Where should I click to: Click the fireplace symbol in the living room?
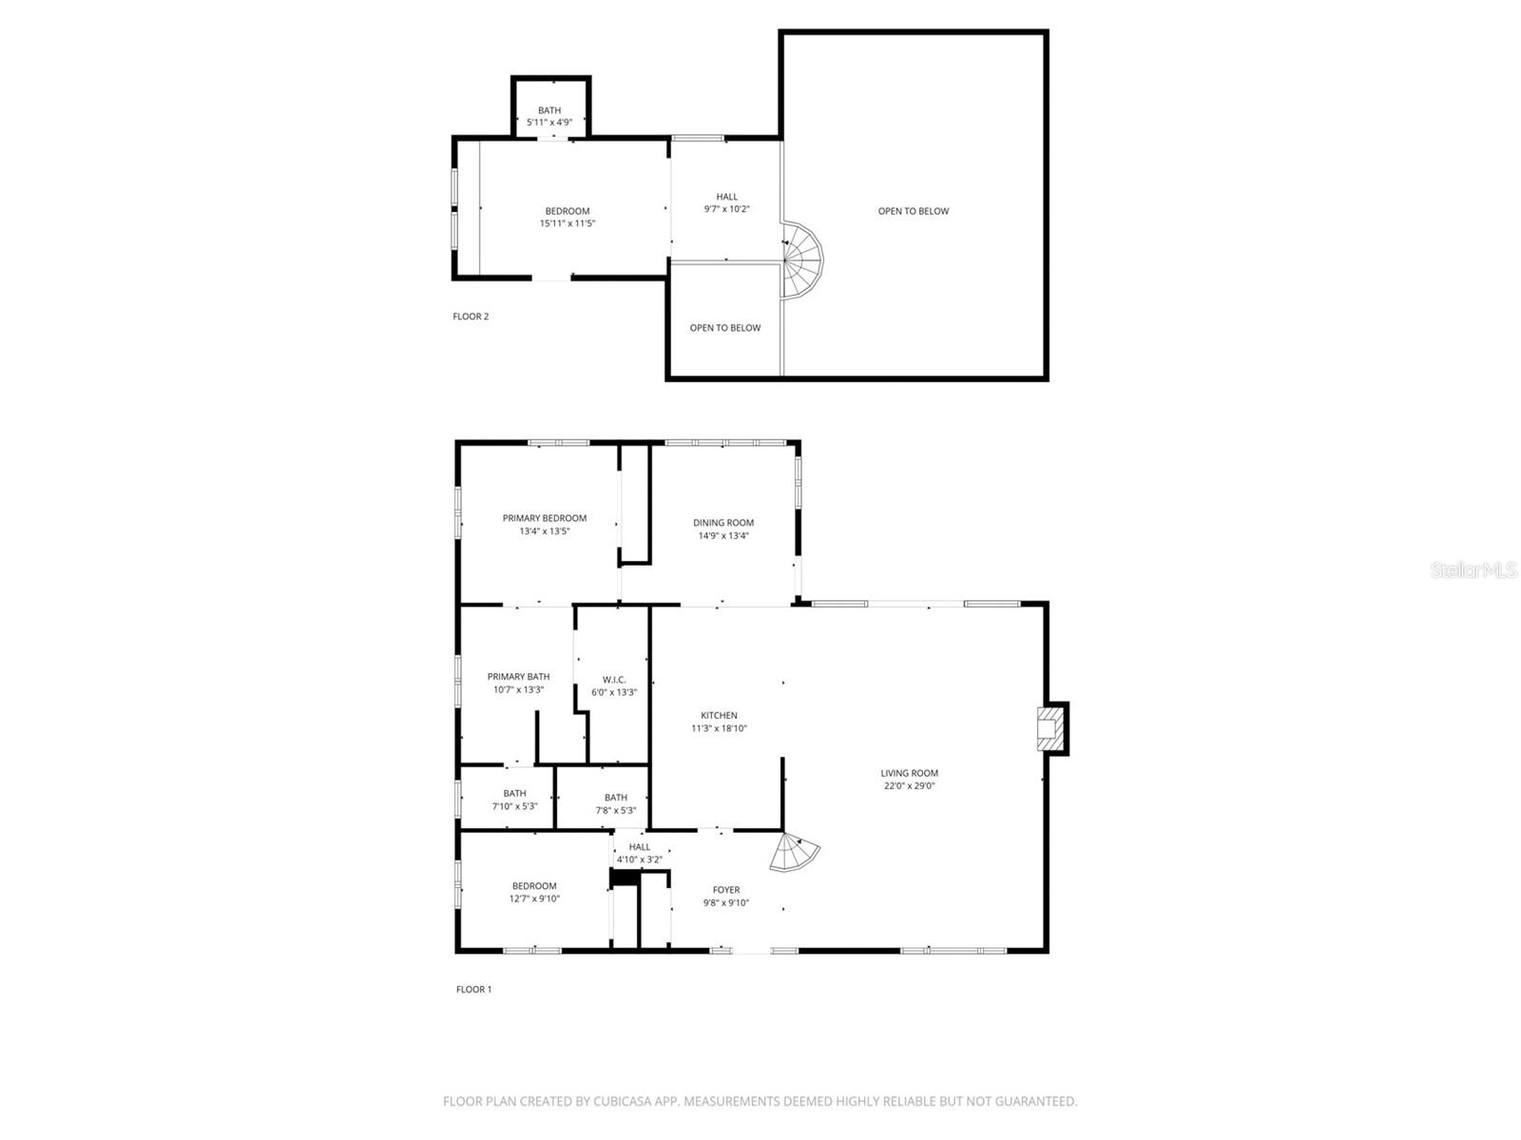click(1050, 728)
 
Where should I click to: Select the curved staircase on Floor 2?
click(802, 259)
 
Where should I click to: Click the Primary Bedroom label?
click(545, 518)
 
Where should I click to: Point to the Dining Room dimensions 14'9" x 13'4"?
click(723, 535)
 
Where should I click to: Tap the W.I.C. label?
click(614, 679)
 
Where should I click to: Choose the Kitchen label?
click(719, 715)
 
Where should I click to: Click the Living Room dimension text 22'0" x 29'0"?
click(909, 786)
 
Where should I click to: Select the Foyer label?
click(726, 890)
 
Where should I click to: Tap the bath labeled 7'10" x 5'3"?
click(514, 800)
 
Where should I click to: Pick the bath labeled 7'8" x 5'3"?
click(616, 804)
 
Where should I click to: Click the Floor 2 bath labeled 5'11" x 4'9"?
click(549, 116)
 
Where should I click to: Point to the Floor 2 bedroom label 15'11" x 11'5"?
click(568, 218)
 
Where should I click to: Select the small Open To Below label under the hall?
click(725, 328)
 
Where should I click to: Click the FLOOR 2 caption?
click(471, 317)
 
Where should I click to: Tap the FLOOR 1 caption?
click(473, 990)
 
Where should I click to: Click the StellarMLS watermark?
click(1473, 570)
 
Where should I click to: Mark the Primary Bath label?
click(518, 677)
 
